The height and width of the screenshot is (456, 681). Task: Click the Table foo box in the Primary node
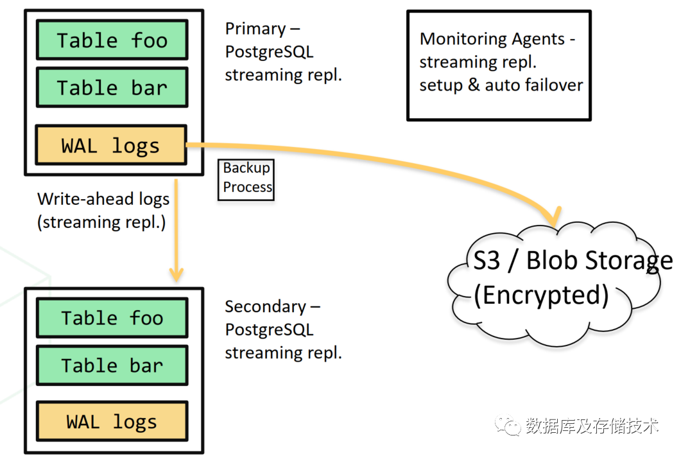112,40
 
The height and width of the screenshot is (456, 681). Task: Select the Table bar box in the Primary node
112,87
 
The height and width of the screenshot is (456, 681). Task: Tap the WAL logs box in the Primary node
111,145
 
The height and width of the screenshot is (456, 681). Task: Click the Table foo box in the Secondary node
112,318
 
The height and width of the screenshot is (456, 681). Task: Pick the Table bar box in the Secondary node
112,365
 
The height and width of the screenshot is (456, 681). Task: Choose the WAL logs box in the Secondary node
112,421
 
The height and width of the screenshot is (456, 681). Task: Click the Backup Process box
246,180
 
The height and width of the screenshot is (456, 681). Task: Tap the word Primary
255,29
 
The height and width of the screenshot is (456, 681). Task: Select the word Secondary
265,306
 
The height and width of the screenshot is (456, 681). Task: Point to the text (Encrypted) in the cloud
541,295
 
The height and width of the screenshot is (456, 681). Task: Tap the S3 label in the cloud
486,260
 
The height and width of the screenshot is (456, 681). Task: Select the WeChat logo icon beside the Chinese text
508,425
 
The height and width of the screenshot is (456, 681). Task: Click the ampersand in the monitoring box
474,85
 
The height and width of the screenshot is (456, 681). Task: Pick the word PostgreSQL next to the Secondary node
270,329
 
